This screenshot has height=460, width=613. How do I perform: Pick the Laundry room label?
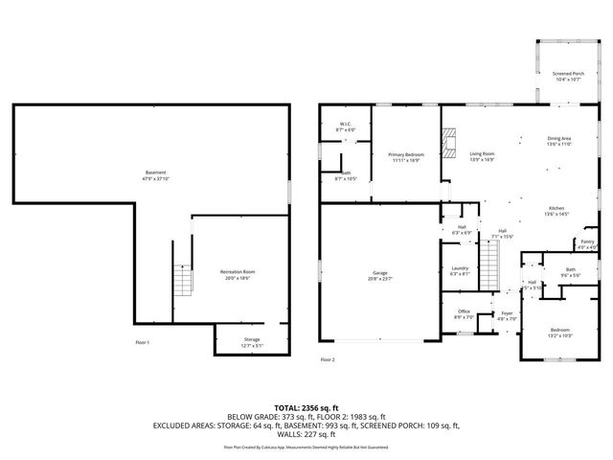pos(460,270)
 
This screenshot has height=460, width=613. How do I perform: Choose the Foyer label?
pos(507,313)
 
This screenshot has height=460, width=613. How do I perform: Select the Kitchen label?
pos(557,211)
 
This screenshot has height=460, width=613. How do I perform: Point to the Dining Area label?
pos(558,141)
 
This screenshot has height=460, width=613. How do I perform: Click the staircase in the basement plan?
pos(182,281)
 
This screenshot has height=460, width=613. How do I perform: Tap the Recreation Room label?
pos(235,274)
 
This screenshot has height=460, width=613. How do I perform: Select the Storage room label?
pos(251,341)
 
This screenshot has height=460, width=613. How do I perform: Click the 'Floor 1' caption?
pos(143,342)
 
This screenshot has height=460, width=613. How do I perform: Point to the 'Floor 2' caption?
pos(328,359)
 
